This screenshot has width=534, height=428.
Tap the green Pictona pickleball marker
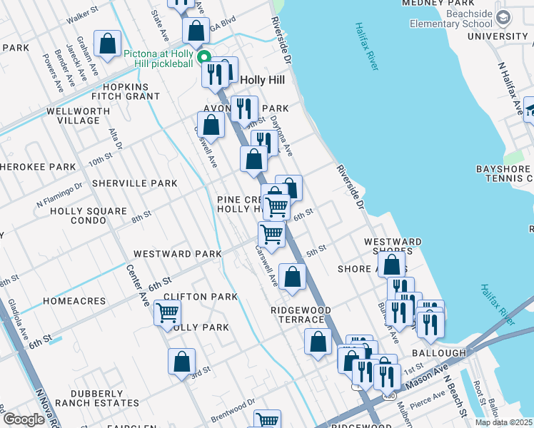(x=203, y=58)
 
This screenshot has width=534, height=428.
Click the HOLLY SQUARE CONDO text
(x=89, y=216)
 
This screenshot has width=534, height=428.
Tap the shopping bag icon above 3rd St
(x=182, y=362)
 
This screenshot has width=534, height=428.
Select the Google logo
(x=24, y=419)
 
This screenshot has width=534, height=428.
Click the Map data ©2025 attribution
(x=503, y=422)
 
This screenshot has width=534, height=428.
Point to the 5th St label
(x=316, y=250)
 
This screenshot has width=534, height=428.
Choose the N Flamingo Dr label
(x=59, y=193)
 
